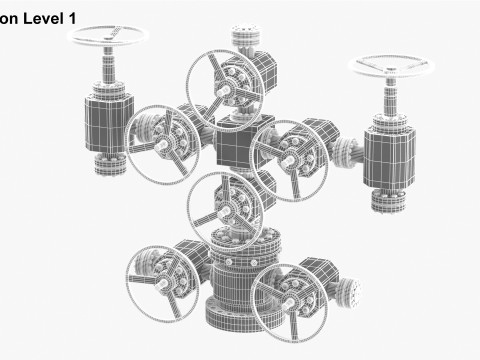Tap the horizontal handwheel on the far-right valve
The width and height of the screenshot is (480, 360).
(x=390, y=69)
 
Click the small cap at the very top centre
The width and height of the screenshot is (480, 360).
(x=243, y=41)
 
